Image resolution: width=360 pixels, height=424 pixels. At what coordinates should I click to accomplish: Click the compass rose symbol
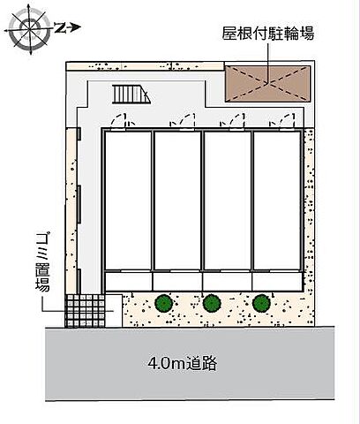(x=29, y=29)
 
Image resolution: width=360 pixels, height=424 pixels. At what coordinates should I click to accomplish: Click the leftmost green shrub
(x=163, y=304)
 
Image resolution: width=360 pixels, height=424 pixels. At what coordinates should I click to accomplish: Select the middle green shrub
(x=212, y=304)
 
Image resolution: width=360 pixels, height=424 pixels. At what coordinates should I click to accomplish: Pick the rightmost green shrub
(x=259, y=304)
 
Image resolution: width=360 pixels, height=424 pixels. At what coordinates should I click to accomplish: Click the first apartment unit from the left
(x=128, y=201)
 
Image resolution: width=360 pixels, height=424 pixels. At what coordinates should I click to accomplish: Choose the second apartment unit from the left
(x=177, y=201)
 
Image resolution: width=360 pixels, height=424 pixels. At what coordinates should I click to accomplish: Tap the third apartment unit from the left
(x=227, y=201)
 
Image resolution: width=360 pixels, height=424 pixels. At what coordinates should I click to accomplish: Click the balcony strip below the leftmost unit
(x=128, y=282)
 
